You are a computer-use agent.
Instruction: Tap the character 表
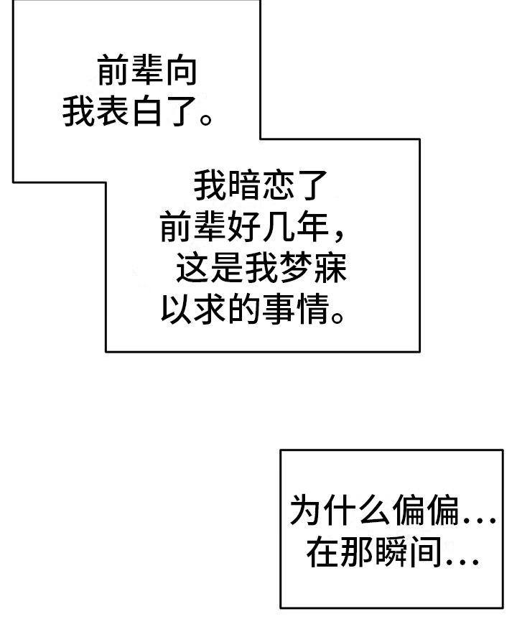(x=113, y=112)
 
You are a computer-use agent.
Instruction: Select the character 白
(x=146, y=112)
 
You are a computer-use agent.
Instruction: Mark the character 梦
(x=296, y=271)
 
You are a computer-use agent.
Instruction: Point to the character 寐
(x=330, y=271)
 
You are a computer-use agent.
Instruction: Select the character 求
(x=210, y=312)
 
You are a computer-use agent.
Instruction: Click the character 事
(x=279, y=312)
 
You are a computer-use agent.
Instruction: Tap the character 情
(x=312, y=312)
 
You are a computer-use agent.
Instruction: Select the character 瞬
(x=391, y=553)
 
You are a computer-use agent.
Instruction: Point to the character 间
(x=425, y=553)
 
